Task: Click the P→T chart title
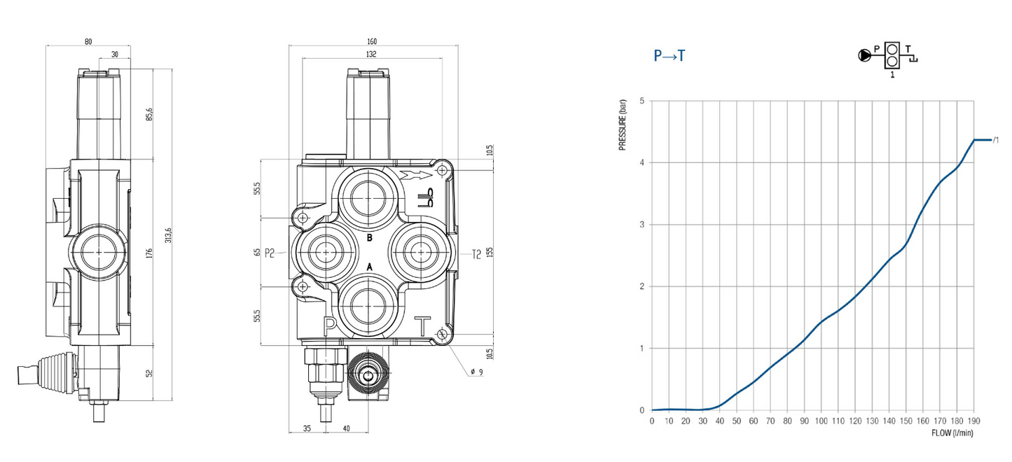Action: (669, 56)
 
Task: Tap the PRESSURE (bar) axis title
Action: (622, 125)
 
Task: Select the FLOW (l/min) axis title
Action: (952, 433)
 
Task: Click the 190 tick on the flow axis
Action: (974, 421)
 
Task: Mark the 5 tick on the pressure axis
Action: (642, 101)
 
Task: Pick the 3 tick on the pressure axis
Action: (642, 225)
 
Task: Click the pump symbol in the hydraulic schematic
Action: (865, 55)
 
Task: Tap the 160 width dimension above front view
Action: (372, 41)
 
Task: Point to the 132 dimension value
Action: (372, 54)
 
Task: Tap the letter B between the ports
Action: (370, 238)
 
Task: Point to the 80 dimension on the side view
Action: (88, 41)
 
